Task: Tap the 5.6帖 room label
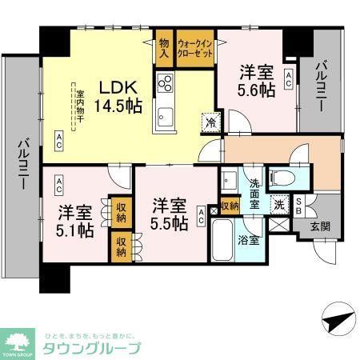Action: [x=257, y=81]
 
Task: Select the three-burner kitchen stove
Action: [x=166, y=83]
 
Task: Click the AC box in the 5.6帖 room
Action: [x=289, y=76]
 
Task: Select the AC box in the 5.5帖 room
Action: [x=200, y=214]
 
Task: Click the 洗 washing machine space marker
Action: [x=279, y=204]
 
